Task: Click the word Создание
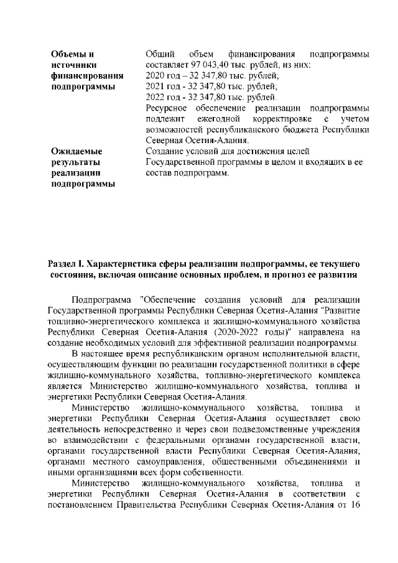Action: pyautogui.click(x=164, y=151)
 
